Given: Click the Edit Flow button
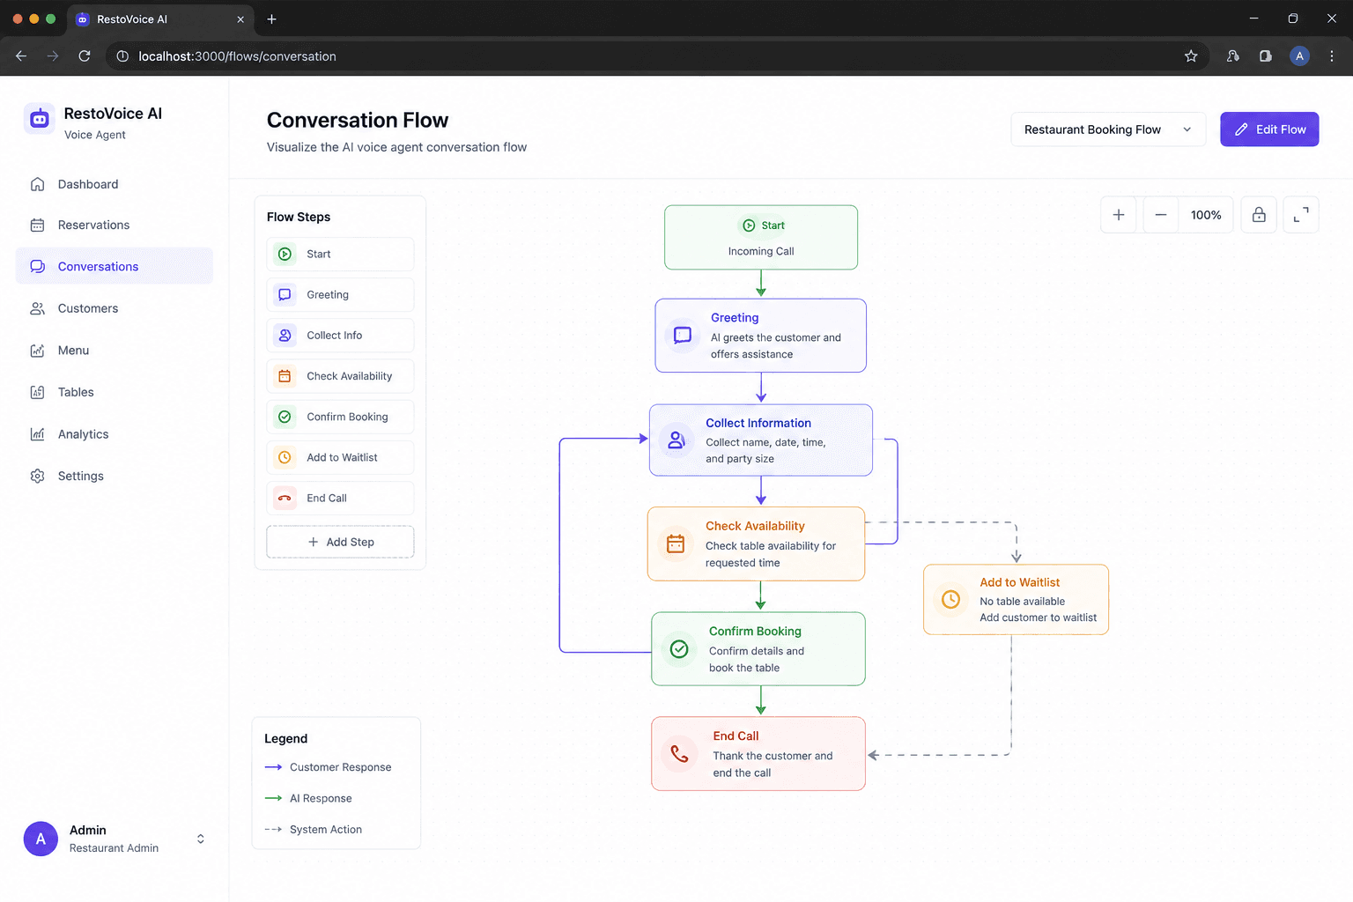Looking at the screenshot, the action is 1269,129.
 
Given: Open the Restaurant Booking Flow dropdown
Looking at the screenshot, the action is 1108,129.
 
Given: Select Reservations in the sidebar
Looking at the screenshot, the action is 93,225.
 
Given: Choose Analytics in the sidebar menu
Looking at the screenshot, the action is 84,433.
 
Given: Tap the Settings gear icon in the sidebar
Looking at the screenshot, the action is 38,476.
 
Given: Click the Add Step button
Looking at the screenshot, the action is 340,542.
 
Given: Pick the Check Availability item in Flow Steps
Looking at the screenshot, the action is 340,376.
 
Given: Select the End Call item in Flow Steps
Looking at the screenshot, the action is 340,498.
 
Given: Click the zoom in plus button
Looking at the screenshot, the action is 1119,215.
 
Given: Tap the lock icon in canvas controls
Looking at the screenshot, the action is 1259,215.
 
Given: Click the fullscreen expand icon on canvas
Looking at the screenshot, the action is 1301,215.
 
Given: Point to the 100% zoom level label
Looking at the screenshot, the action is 1206,215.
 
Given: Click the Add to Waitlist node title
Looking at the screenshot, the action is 1019,582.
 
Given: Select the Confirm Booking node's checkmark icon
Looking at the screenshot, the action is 679,649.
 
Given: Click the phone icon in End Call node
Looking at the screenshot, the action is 679,754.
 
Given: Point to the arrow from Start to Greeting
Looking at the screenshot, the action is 761,284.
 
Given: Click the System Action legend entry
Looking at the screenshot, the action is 314,830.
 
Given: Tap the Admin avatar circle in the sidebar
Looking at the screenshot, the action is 41,839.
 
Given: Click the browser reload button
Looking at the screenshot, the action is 85,56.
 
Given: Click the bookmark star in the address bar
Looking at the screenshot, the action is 1191,56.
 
